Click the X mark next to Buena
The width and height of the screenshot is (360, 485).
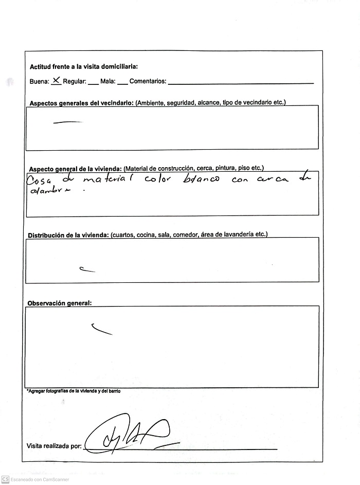point(57,80)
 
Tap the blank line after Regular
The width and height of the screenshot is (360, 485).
point(93,83)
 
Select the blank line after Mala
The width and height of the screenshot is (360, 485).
point(122,83)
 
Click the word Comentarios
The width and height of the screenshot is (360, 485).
point(148,81)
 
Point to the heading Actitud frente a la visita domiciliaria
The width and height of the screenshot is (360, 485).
point(83,67)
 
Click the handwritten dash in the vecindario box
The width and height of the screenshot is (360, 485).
point(67,122)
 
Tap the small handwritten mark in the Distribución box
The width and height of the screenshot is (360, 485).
point(87,270)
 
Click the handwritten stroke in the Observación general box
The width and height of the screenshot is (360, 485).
point(101,329)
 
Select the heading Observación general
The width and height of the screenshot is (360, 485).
point(59,303)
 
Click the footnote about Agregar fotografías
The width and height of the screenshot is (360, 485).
point(73,391)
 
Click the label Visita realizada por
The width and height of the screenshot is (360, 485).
point(53,446)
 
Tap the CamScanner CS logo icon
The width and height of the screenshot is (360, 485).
point(5,479)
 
